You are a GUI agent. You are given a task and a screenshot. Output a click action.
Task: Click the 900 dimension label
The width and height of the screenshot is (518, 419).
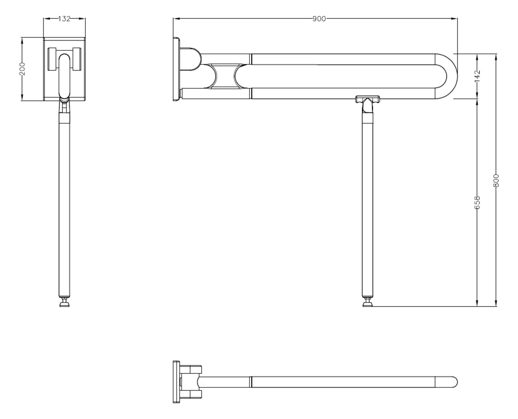[x=319, y=19]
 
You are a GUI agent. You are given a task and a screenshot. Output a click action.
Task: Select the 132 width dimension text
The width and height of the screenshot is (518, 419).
[x=64, y=19]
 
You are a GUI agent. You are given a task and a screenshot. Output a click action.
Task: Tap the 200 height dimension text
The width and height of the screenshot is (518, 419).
[x=22, y=69]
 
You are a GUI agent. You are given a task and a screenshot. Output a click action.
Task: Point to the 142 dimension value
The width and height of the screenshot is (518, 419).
[x=477, y=76]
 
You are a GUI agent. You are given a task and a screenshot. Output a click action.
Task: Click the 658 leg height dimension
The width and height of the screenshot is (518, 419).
[x=477, y=202]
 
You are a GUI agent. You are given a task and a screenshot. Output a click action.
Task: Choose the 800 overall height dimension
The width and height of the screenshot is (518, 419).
[x=496, y=180]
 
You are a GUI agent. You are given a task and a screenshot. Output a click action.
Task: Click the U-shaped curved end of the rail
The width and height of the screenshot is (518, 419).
[x=449, y=76]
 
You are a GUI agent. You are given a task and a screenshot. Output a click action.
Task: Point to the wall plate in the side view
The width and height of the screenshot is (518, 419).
[x=176, y=69]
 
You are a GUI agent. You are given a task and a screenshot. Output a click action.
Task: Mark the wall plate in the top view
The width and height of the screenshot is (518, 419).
[x=176, y=382]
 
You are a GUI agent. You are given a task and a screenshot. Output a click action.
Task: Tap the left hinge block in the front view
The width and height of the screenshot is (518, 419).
[x=52, y=59]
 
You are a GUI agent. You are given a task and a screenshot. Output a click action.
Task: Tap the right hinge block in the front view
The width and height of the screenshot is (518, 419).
[x=77, y=59]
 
